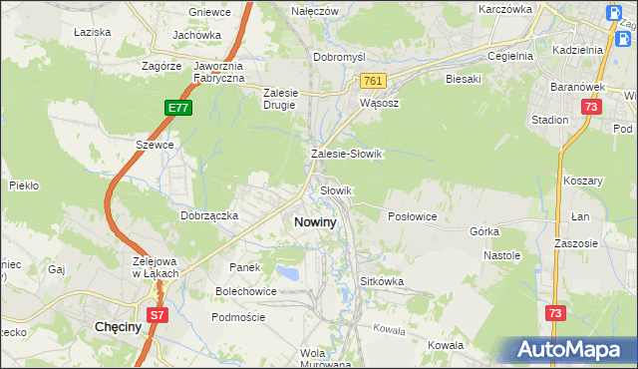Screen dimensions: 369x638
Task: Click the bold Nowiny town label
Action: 315,222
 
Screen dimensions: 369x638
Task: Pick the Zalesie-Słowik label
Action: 347,155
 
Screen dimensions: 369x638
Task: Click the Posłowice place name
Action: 412,215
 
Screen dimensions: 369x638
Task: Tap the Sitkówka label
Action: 382,281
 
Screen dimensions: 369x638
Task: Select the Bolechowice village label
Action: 247,291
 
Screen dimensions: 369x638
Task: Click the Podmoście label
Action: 238,316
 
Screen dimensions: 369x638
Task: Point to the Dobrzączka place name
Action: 208,214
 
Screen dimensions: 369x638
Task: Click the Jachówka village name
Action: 196,35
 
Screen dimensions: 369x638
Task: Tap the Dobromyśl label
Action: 342,57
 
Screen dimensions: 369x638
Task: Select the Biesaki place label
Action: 464,78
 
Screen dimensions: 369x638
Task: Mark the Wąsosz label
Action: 380,102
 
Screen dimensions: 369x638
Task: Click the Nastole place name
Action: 502,255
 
